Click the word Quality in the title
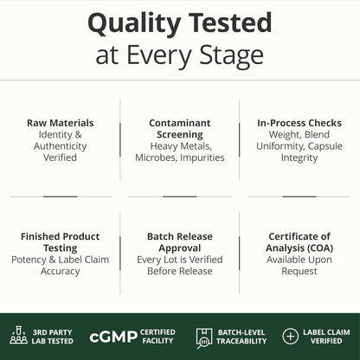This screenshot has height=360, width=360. [134, 24]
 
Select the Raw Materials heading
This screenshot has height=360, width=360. [61, 123]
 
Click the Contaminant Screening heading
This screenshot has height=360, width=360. [180, 129]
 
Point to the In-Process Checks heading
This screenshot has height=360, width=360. [299, 123]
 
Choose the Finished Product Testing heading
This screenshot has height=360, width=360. [61, 242]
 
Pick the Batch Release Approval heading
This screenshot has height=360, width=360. [180, 242]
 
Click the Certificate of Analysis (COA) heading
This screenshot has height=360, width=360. [299, 242]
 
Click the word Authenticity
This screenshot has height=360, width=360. [61, 146]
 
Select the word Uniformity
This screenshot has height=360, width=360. [280, 146]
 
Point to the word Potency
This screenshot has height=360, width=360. [29, 260]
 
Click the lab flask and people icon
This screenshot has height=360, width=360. [19, 335]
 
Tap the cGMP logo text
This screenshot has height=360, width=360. [113, 337]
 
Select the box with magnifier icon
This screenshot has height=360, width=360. [204, 338]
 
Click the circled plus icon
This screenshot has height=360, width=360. [290, 337]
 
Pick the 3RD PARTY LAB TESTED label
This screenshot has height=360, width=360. [53, 337]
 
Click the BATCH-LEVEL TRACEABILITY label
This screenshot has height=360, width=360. [241, 337]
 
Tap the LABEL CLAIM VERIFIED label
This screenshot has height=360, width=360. [326, 337]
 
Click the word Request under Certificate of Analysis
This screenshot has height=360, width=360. [299, 272]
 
